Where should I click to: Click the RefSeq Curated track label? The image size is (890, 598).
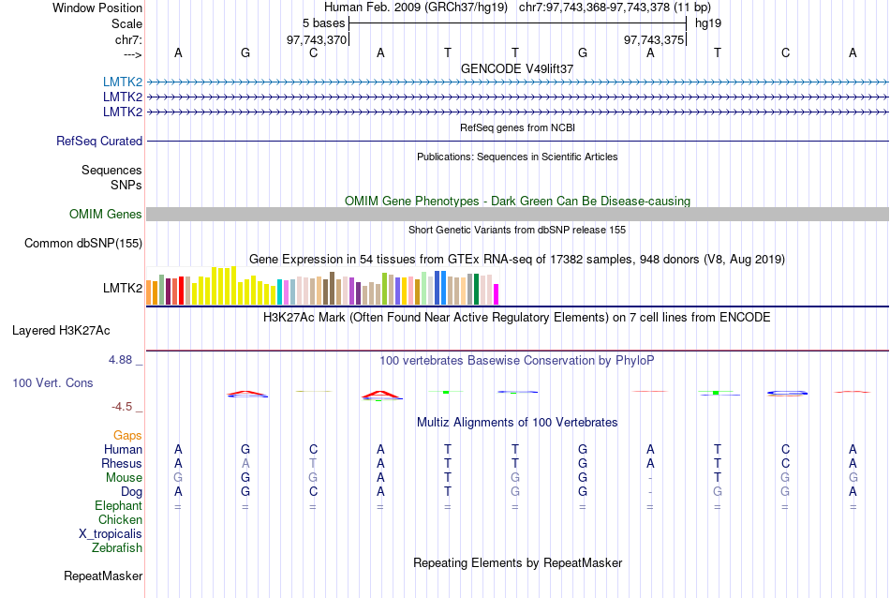tap(99, 141)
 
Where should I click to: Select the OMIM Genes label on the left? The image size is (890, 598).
tap(106, 215)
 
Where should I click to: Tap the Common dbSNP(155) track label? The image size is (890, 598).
tap(83, 244)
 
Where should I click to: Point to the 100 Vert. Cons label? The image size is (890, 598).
tap(52, 383)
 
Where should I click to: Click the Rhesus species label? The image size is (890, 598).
tap(122, 463)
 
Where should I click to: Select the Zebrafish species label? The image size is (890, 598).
tap(117, 547)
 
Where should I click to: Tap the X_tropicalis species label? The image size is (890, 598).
tap(111, 533)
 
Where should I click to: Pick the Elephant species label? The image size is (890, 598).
tap(118, 505)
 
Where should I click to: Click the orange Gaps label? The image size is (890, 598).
tap(127, 436)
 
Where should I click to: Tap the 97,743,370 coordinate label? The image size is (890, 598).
tap(316, 39)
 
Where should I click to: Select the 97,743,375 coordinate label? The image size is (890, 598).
tap(653, 39)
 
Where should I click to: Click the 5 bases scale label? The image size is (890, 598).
tap(323, 22)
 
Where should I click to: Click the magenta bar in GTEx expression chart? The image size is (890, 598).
tap(497, 293)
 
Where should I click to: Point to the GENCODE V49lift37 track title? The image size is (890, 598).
tap(517, 68)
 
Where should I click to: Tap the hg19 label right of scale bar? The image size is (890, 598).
tap(708, 22)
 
